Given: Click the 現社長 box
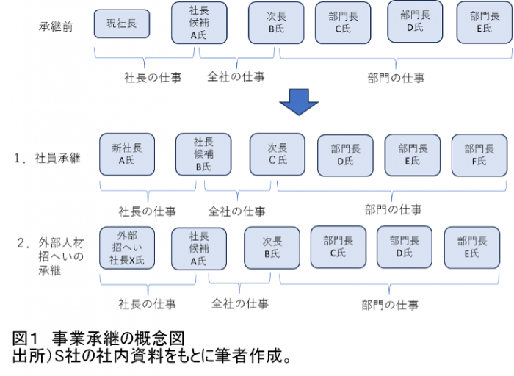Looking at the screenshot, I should tap(121, 23).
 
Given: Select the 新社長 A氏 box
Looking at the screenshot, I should tap(127, 154).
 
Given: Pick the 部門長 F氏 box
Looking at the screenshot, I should tap(479, 154).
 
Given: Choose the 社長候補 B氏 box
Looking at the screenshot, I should tap(203, 154).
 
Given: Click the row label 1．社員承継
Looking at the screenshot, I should tap(51, 157).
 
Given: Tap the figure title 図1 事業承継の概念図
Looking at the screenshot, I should tap(98, 339).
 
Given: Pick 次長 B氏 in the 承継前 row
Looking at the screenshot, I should tap(275, 23).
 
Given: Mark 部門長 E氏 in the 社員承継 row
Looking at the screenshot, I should tap(412, 154).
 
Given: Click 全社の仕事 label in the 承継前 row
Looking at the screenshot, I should tap(236, 76).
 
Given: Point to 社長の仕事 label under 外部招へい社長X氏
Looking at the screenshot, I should tap(147, 303).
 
